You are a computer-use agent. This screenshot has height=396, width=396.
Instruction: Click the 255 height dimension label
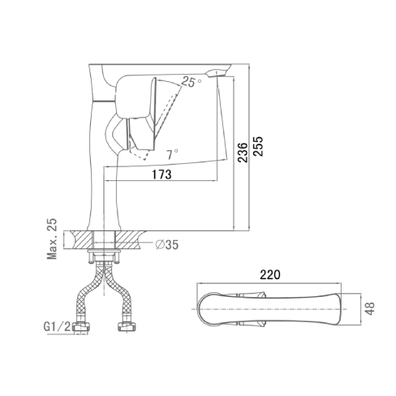[259, 146]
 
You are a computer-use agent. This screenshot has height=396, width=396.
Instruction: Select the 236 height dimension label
[243, 153]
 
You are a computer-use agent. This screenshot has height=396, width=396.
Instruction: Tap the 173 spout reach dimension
[161, 174]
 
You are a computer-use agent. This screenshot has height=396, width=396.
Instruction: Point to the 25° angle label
[191, 81]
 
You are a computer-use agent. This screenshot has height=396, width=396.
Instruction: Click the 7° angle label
[172, 154]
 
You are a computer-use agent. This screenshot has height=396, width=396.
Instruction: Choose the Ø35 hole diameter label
[167, 244]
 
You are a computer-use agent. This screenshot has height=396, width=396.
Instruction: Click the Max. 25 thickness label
[52, 239]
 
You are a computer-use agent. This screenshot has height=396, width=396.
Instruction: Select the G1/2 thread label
[57, 327]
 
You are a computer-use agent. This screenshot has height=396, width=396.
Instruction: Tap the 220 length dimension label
[270, 275]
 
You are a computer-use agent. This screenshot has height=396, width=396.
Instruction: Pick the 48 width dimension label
[370, 308]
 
